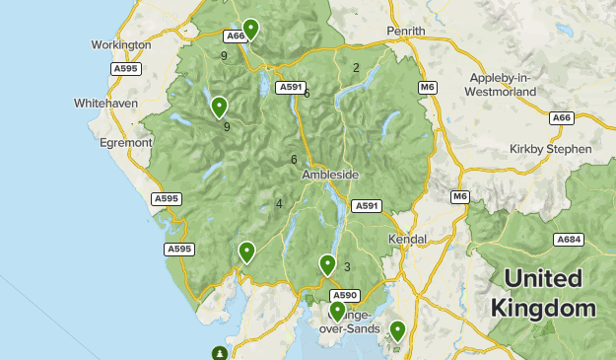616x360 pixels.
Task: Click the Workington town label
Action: [120, 44]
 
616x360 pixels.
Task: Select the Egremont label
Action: [124, 142]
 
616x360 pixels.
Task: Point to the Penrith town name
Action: [406, 31]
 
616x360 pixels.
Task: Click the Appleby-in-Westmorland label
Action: [504, 84]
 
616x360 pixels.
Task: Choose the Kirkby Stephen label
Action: [551, 149]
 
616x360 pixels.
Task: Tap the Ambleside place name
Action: [330, 175]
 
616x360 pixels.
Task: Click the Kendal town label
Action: [407, 239]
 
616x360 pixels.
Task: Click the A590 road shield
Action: [344, 295]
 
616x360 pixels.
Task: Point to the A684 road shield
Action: [569, 240]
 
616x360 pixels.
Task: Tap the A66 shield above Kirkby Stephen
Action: [562, 118]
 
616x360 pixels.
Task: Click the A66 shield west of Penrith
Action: [235, 36]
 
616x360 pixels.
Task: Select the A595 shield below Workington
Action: [125, 69]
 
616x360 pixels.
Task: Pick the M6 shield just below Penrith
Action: [427, 88]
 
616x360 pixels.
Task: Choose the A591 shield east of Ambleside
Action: [367, 205]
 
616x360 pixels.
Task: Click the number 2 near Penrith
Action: [356, 68]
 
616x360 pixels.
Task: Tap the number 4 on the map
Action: [279, 204]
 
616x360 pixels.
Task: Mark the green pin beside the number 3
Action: [327, 263]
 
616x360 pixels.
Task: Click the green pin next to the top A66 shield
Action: [251, 28]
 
